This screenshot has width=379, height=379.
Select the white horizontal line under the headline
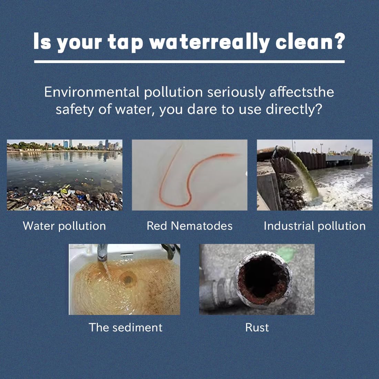coord(189,62)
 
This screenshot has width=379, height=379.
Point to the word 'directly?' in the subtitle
coord(294,109)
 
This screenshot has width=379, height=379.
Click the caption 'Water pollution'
coord(64,226)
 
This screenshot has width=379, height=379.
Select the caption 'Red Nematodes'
coord(189,226)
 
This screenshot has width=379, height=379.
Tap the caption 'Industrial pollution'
coord(315,226)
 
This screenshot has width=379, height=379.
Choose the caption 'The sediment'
coord(125,327)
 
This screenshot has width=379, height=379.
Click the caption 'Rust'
coord(257,327)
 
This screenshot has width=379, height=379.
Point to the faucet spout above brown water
coord(102,253)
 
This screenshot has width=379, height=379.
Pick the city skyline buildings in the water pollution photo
coord(72,145)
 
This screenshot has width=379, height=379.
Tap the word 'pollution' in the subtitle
coord(173,92)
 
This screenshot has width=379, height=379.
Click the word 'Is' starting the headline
coord(42,41)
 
